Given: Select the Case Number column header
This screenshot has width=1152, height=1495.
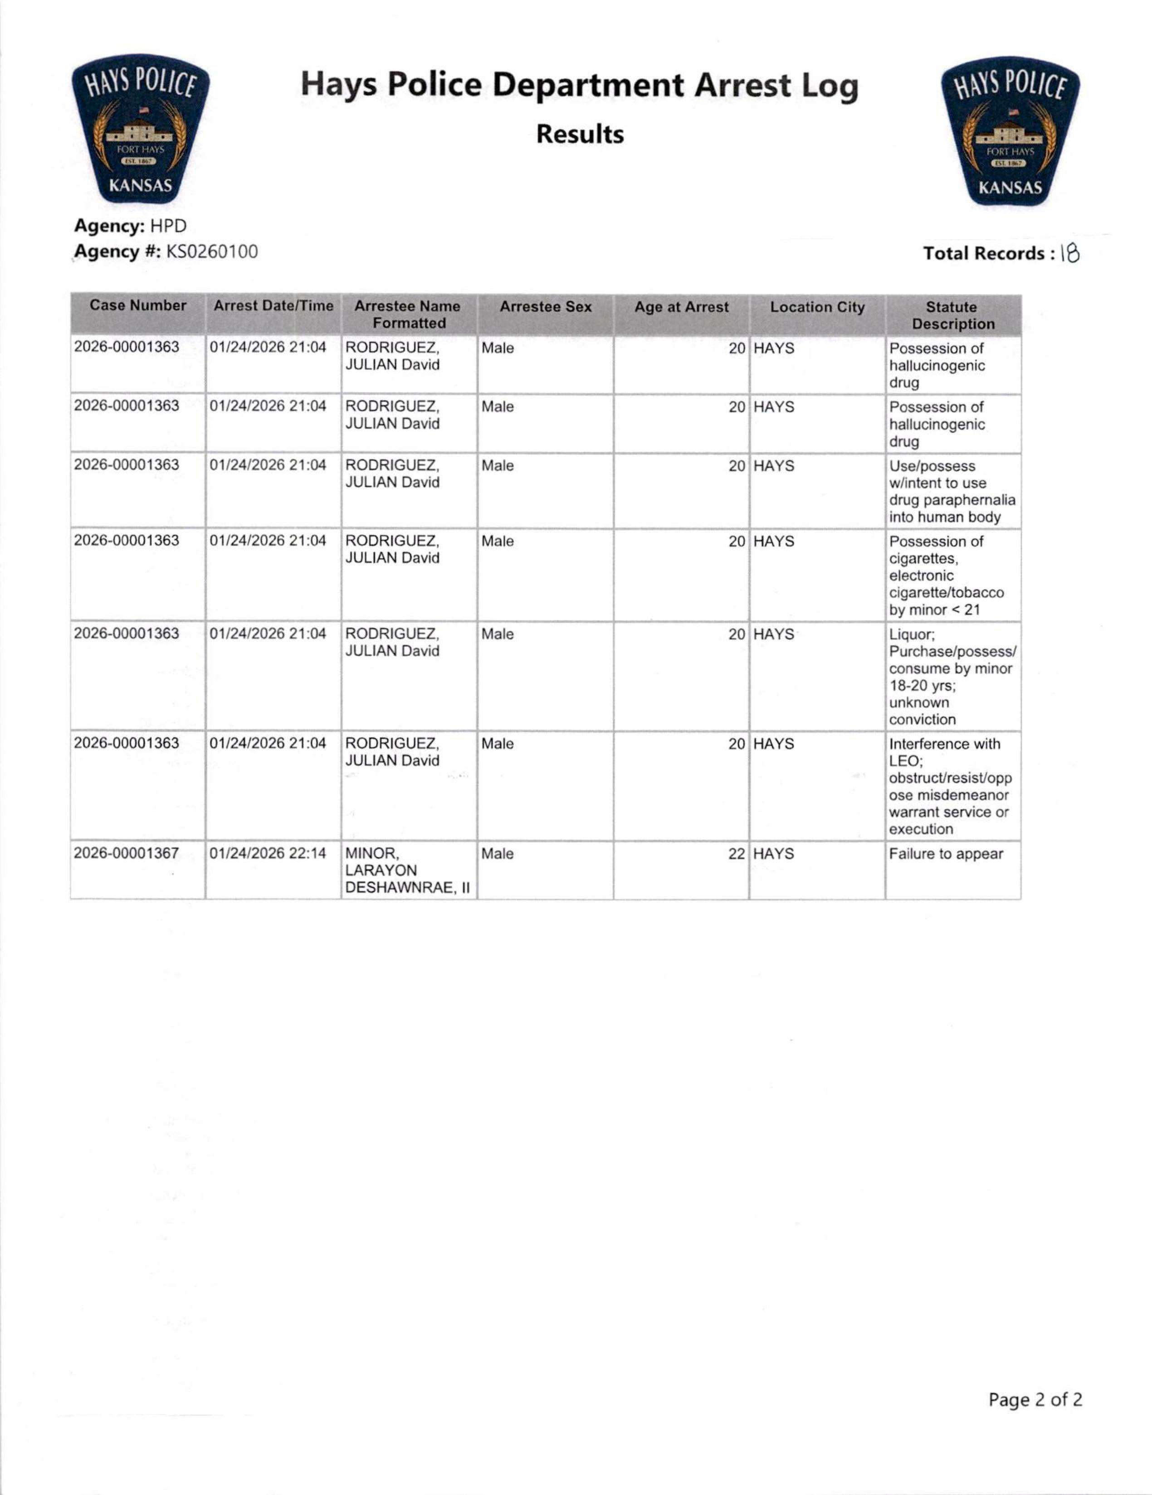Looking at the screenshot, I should pyautogui.click(x=138, y=305).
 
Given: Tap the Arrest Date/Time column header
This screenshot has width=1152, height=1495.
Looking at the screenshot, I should pyautogui.click(x=273, y=306).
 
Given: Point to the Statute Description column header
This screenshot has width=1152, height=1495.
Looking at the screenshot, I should pyautogui.click(x=953, y=315).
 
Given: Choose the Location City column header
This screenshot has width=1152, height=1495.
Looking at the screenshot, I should pyautogui.click(x=817, y=307).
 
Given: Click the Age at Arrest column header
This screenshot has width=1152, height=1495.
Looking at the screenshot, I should pyautogui.click(x=682, y=307).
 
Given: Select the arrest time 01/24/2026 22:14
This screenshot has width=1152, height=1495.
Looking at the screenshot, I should pyautogui.click(x=268, y=854).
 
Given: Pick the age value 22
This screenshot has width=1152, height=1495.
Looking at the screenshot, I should pyautogui.click(x=736, y=854).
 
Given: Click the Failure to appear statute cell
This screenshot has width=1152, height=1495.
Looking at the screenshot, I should pyautogui.click(x=946, y=854).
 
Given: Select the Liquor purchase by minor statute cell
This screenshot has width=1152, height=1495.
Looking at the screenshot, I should pyautogui.click(x=952, y=676).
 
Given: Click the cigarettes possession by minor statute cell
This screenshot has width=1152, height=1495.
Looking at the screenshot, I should pyautogui.click(x=947, y=575).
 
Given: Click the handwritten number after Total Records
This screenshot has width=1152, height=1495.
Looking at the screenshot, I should pyautogui.click(x=1070, y=254).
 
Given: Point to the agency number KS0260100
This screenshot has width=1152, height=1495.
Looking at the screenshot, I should pyautogui.click(x=212, y=251).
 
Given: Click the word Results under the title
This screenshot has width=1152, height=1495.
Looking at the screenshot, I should pyautogui.click(x=580, y=134).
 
